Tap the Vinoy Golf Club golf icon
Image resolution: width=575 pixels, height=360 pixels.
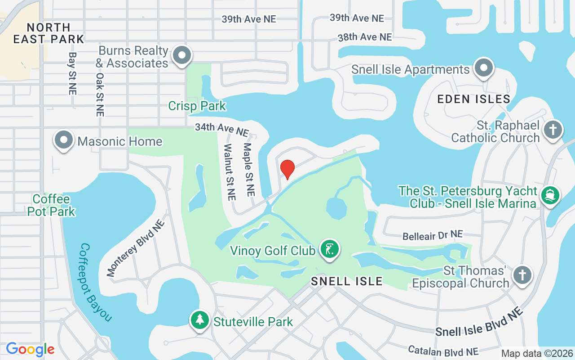(x=330, y=249)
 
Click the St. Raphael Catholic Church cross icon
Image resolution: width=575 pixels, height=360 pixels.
(x=553, y=130)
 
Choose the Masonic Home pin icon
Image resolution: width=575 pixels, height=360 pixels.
(x=64, y=140)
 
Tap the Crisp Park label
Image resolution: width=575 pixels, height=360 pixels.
(x=197, y=106)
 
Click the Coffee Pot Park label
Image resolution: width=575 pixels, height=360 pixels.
(x=51, y=205)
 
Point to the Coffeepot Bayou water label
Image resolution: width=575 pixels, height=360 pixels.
(x=95, y=283)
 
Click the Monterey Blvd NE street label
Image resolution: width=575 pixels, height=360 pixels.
(x=136, y=248)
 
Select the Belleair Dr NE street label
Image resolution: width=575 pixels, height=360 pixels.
(x=432, y=235)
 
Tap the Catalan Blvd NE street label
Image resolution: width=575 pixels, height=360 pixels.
(x=443, y=351)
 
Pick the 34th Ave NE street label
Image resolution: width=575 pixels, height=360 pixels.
(x=221, y=130)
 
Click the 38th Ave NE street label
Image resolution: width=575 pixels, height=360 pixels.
(x=365, y=37)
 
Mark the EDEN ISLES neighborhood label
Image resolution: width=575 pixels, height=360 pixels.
(x=474, y=99)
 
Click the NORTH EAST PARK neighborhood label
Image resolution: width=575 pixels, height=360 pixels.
(x=49, y=33)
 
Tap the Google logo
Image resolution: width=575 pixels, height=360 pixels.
(x=30, y=349)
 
